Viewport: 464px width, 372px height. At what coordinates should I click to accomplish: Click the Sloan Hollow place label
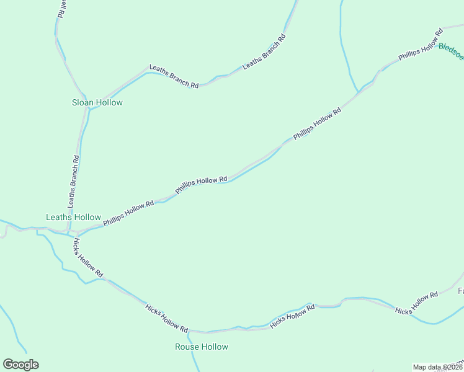point(97,102)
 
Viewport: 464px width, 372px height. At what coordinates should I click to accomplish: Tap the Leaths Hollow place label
point(73,218)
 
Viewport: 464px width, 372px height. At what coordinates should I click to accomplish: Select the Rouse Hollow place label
point(202,347)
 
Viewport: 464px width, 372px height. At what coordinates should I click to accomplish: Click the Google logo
point(20,365)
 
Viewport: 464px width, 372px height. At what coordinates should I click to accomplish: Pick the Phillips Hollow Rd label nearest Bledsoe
point(420,45)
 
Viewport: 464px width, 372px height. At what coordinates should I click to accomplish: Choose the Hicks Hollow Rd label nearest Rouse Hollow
point(166,317)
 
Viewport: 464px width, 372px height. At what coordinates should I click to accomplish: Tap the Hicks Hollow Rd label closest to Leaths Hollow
point(87,257)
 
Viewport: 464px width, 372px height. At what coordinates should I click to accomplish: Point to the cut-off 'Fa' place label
point(460,291)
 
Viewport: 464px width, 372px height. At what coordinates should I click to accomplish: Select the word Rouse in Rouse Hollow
point(187,347)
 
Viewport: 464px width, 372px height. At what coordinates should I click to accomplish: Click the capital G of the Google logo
point(8,365)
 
